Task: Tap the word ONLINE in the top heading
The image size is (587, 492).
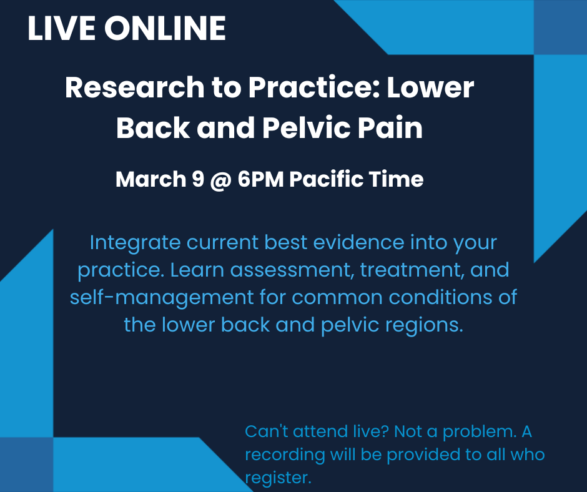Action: click(165, 28)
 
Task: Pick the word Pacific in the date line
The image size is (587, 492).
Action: click(327, 180)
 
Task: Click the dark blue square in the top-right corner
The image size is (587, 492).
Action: click(560, 27)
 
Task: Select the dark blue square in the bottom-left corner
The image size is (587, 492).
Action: click(26, 465)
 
